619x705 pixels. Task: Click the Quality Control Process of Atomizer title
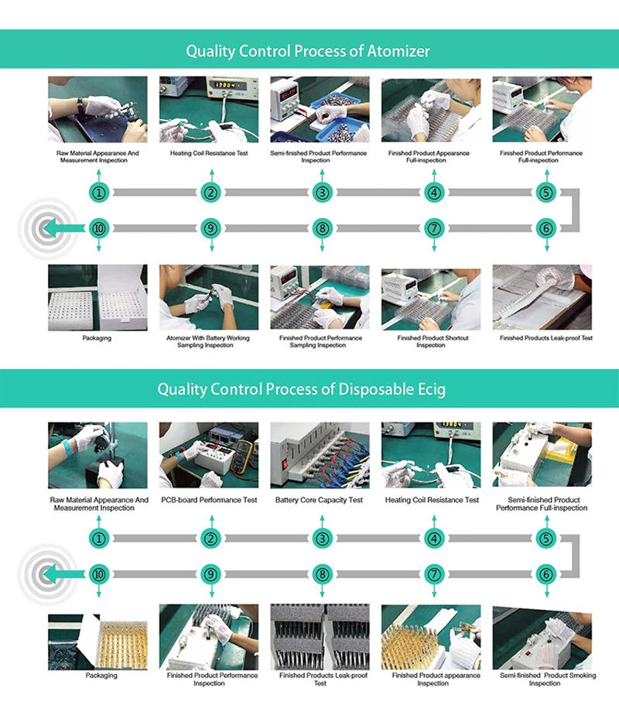(308, 51)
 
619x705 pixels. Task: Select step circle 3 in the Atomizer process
(322, 193)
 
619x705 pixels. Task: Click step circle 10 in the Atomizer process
(98, 228)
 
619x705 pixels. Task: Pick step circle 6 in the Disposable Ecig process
(546, 574)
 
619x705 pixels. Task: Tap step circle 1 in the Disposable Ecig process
(98, 539)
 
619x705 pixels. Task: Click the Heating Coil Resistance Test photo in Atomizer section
(209, 109)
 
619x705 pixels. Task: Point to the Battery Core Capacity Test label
(319, 500)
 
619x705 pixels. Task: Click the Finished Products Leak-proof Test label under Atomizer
(546, 337)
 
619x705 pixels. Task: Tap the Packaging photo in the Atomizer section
(97, 298)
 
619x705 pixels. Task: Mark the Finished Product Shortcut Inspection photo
(431, 298)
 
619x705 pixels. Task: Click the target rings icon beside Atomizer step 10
(42, 228)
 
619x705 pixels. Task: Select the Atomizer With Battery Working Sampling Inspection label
(209, 341)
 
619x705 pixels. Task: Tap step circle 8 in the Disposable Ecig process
(322, 574)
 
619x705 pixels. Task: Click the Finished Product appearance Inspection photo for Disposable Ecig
(431, 637)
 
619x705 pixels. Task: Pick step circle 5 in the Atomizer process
(546, 193)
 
